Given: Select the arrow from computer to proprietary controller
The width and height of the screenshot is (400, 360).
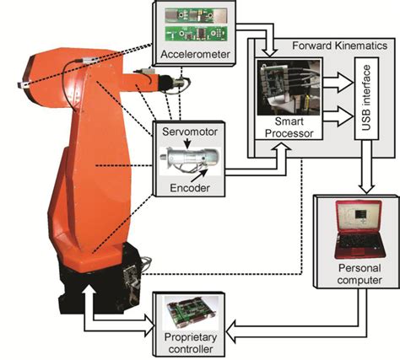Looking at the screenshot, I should pyautogui.click(x=278, y=322).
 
